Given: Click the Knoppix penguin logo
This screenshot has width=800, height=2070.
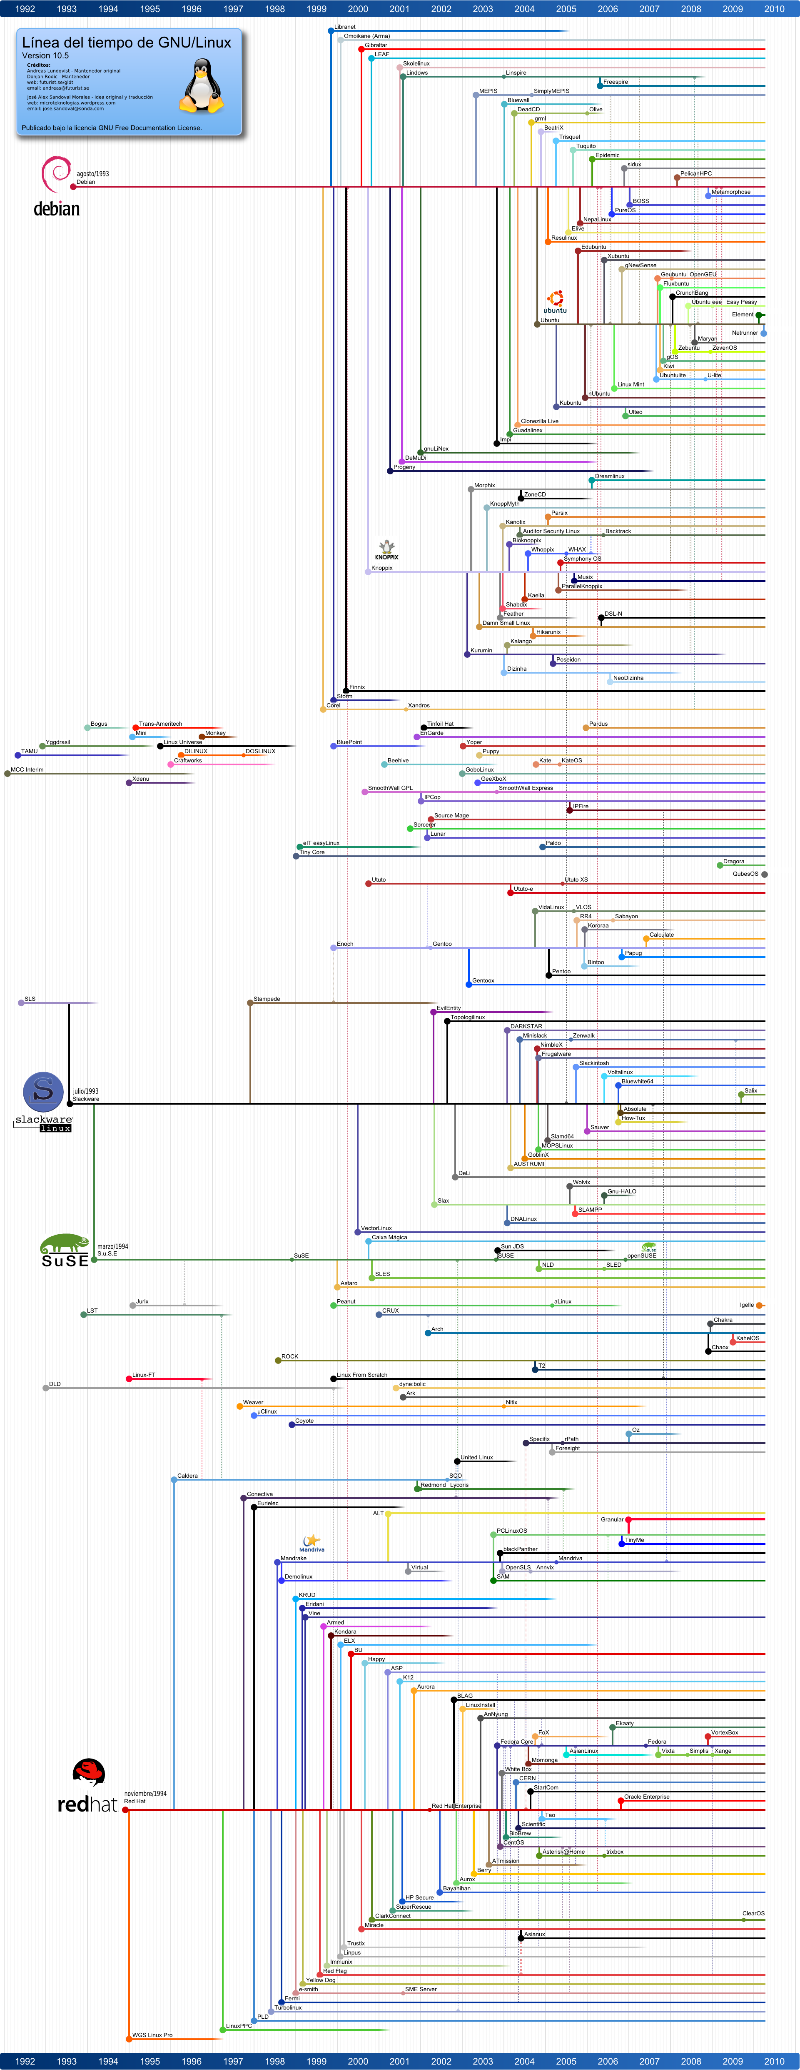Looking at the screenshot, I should coord(386,548).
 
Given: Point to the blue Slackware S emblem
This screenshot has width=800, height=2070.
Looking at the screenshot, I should coord(43,1091).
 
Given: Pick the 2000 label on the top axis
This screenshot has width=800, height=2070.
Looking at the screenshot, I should coord(358,9).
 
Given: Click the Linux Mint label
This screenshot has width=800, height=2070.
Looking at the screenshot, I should coord(631,384).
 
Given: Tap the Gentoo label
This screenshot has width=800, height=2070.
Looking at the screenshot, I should coord(442,943).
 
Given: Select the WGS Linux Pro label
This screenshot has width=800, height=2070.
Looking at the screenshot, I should coord(152,2035).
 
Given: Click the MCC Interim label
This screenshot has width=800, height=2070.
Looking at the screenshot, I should coord(27,769).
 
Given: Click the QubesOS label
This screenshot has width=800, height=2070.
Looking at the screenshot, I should coord(745,874).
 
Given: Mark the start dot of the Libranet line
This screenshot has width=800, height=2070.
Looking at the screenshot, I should coord(331,30).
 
